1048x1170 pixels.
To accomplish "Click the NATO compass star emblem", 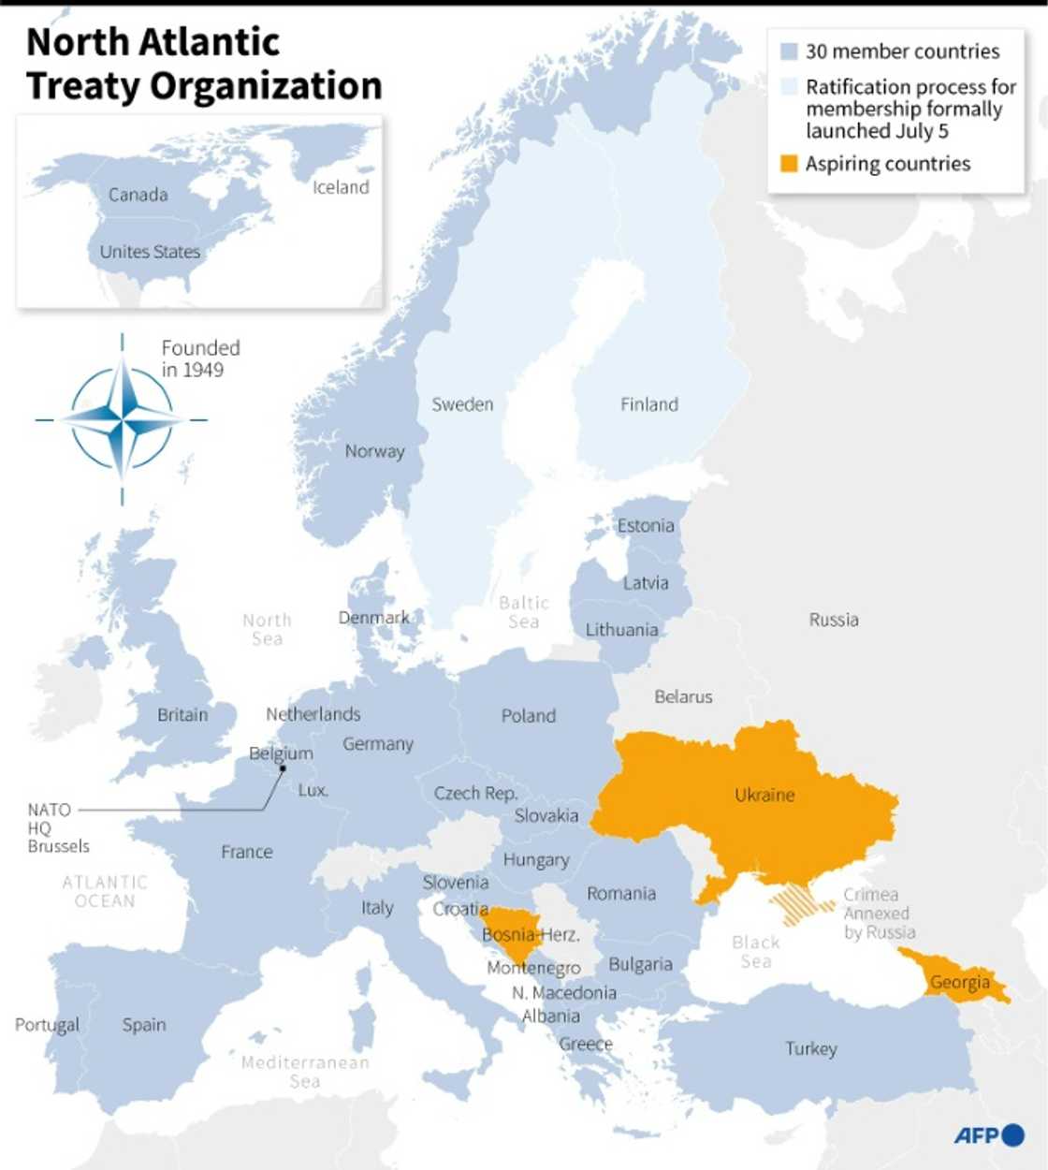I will click(x=122, y=418).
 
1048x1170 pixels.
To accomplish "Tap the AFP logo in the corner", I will click(x=988, y=1134).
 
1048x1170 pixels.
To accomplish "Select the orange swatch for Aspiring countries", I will click(x=789, y=164).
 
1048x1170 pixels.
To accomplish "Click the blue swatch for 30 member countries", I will click(x=789, y=51).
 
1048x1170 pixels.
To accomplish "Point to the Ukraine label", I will click(x=764, y=795).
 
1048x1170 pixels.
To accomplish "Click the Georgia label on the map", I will click(x=959, y=982).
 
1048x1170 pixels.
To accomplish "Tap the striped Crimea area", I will click(x=800, y=903).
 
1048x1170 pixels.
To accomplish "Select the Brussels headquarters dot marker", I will click(x=282, y=768).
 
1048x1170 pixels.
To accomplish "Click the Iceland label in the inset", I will click(x=341, y=187).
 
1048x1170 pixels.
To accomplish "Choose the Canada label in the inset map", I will click(x=138, y=195).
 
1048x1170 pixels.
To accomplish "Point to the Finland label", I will click(x=648, y=404).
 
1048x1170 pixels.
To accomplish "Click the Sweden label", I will click(x=462, y=404).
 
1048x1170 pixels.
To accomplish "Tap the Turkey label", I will click(x=810, y=1048).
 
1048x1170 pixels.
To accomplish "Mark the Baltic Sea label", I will click(x=523, y=612).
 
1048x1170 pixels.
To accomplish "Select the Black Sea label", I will click(x=756, y=952).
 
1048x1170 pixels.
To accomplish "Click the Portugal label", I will click(x=47, y=1025).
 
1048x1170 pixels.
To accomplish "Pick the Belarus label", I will click(x=683, y=696).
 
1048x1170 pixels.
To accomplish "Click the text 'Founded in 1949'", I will click(x=199, y=358).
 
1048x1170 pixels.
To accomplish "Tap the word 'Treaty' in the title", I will click(x=84, y=86).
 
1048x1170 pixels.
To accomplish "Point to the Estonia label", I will click(x=645, y=525).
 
